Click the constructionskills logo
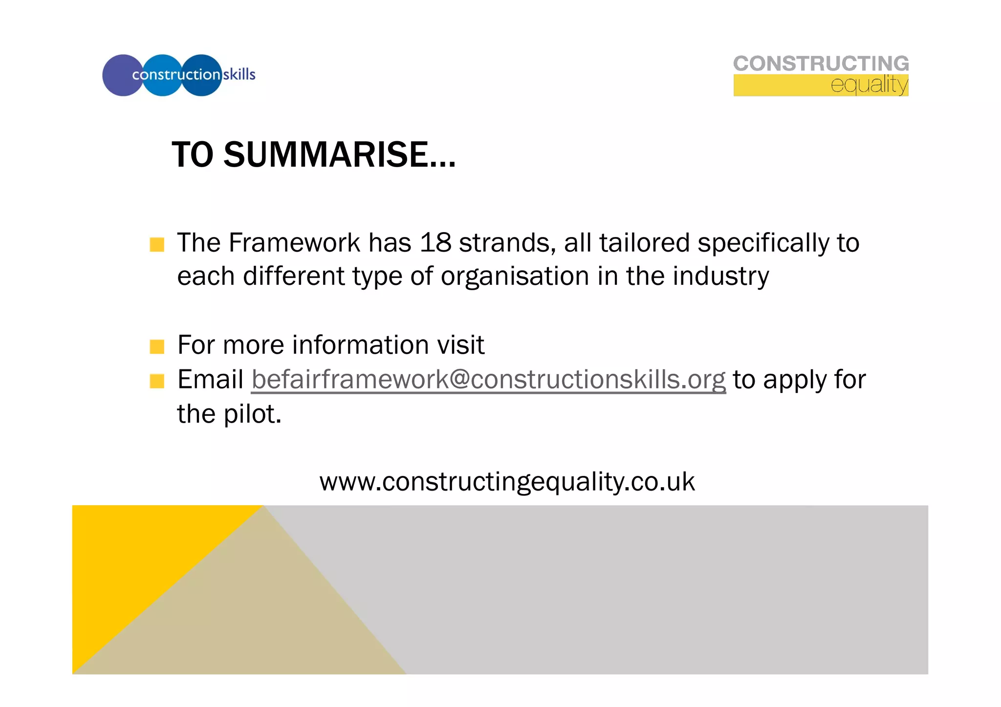click(178, 75)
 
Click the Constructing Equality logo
click(821, 75)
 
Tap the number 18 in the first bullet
click(435, 243)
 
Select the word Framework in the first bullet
click(294, 243)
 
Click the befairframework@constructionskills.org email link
click(488, 380)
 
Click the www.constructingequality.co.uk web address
click(507, 482)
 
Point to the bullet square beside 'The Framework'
click(157, 244)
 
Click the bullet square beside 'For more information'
click(157, 346)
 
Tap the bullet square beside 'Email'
click(157, 381)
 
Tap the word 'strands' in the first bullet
click(507, 243)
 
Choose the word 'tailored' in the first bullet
click(644, 243)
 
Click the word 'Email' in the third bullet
click(210, 380)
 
